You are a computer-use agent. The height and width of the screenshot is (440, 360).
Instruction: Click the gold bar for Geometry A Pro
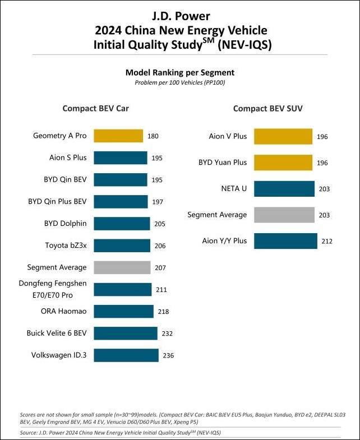pos(118,136)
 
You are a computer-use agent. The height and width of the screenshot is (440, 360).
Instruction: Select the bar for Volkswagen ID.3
pos(126,355)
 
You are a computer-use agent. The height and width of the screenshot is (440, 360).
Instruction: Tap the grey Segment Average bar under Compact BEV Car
pos(122,267)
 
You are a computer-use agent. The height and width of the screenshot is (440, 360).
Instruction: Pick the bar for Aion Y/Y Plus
pos(285,241)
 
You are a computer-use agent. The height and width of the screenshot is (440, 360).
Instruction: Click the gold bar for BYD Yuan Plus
pos(284,163)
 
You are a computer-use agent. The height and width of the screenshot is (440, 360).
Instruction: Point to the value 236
pos(168,355)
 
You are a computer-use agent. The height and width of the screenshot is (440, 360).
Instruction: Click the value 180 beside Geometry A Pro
pos(153,136)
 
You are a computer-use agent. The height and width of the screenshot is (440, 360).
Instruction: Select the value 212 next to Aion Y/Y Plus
pos(327,242)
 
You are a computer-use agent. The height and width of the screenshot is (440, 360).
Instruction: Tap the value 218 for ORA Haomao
pos(163,312)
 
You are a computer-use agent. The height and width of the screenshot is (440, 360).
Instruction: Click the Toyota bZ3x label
pos(66,246)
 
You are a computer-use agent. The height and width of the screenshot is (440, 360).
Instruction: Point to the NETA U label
pos(235,189)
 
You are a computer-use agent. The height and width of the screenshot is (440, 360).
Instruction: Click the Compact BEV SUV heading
pos(268,109)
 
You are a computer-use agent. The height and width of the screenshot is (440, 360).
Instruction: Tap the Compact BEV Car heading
pos(95,109)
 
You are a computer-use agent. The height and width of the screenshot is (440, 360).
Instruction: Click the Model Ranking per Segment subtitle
pos(179,72)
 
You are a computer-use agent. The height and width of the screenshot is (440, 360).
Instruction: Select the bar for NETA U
pos(284,189)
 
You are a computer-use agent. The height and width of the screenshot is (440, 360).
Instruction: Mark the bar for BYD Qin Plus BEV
pos(121,202)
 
